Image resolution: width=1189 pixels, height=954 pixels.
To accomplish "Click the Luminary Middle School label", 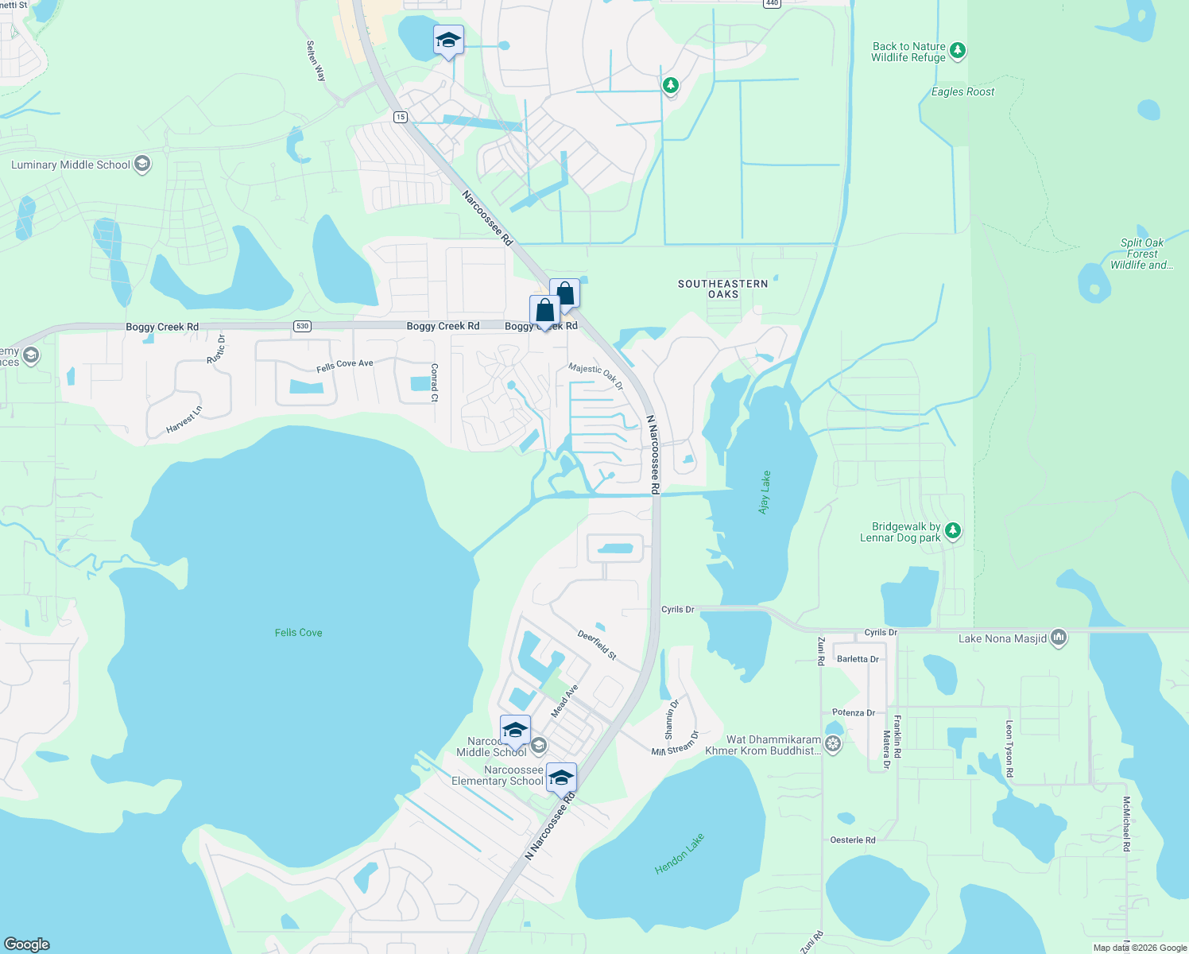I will click(71, 165).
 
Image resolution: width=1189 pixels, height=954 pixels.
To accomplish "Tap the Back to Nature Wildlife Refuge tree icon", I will click(958, 51).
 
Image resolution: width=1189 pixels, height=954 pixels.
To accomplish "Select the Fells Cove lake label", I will click(298, 633).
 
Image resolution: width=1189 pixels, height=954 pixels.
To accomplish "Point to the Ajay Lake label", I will click(765, 492).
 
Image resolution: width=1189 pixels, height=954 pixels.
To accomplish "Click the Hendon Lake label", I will click(680, 854).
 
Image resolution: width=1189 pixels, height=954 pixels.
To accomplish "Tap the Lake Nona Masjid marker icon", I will click(1058, 638).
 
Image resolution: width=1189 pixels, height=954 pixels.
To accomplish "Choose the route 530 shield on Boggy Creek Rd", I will click(302, 326).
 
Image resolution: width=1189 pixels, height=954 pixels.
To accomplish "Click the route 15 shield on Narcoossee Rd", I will click(400, 117).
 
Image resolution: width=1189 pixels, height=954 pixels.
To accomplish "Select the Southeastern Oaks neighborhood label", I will click(722, 289).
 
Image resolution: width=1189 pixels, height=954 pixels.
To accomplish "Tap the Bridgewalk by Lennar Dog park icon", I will click(953, 530).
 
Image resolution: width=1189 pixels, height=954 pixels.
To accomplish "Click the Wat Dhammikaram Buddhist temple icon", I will click(832, 744).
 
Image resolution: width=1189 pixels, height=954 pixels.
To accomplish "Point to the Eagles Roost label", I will click(962, 92).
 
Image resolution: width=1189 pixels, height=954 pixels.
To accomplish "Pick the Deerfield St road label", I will click(597, 645).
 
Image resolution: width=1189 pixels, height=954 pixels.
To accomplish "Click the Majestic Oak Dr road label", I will click(596, 376).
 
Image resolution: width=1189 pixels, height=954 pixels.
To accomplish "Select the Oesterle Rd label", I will click(852, 840).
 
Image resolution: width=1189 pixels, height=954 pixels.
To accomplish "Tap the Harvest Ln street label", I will click(184, 419).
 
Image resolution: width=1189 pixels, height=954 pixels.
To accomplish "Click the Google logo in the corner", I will click(26, 944).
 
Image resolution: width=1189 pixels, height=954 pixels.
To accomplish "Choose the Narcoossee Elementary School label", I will click(498, 775).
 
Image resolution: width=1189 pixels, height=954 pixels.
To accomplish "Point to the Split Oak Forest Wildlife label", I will click(1141, 254).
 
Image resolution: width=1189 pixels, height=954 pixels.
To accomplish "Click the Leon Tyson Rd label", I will click(1009, 749).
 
